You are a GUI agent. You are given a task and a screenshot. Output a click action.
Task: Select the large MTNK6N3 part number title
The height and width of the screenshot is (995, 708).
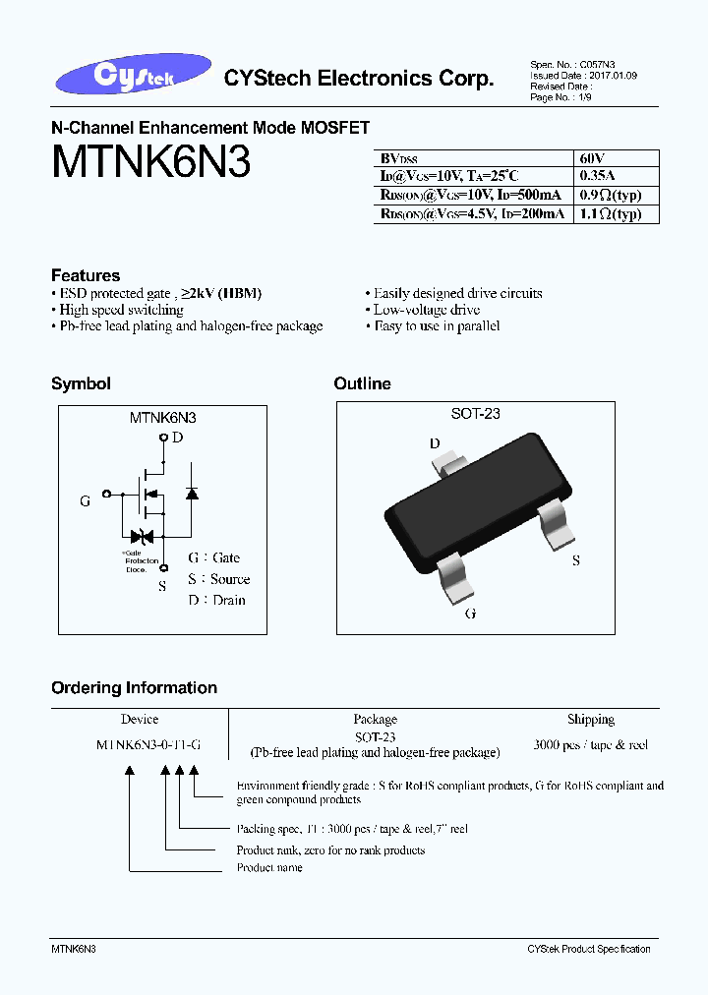(150, 162)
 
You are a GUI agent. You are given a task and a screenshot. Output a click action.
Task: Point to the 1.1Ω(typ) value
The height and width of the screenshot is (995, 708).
(610, 213)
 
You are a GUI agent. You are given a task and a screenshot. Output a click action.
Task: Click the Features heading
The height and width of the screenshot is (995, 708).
(86, 275)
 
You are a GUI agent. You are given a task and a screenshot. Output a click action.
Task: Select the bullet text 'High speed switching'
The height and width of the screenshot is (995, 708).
(122, 310)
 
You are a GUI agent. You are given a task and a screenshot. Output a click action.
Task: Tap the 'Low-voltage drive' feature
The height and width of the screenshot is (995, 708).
(427, 310)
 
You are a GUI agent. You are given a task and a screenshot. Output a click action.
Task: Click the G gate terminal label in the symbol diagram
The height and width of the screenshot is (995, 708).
(85, 500)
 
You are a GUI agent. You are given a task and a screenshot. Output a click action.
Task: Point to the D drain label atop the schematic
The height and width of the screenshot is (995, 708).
(177, 437)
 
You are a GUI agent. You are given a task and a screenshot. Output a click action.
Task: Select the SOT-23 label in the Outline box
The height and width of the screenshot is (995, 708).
(476, 414)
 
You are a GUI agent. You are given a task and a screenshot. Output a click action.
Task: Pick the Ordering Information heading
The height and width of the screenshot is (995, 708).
(134, 688)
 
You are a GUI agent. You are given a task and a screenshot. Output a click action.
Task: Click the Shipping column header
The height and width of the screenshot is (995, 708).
(590, 720)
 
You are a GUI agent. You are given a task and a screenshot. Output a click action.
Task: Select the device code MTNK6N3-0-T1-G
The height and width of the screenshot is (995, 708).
(148, 745)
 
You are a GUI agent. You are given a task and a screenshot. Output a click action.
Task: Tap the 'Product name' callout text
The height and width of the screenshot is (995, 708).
(269, 868)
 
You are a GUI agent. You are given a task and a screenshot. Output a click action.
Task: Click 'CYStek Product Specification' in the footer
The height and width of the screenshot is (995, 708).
(588, 949)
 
